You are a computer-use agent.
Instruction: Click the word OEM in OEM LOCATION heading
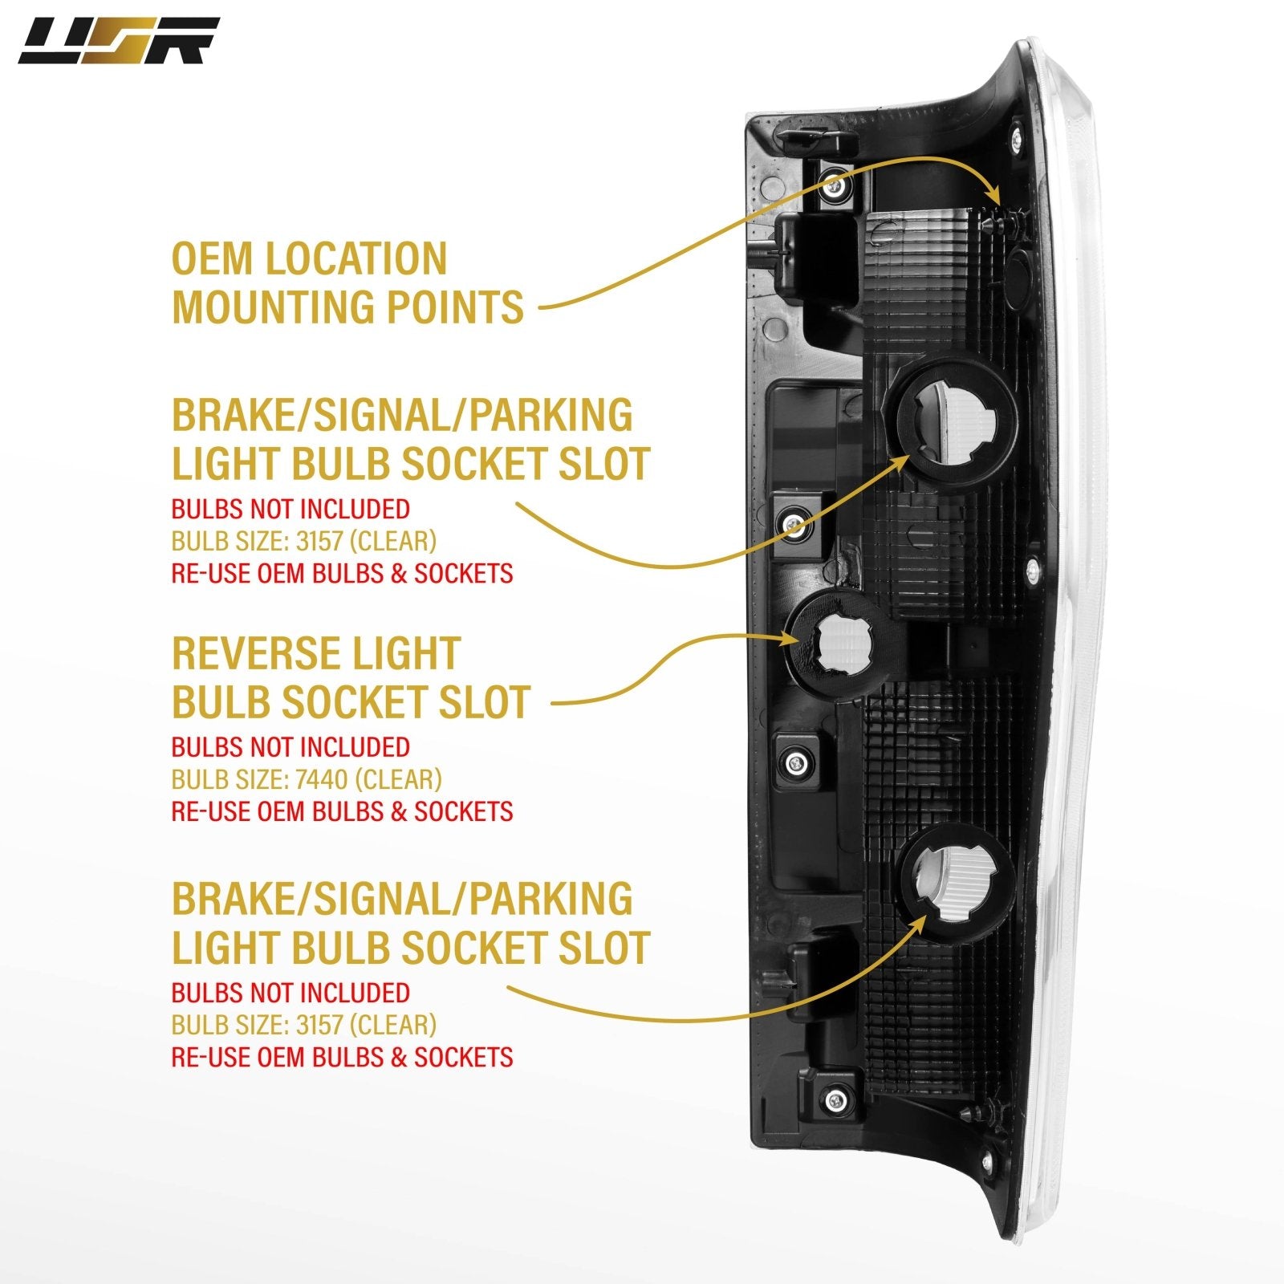tap(211, 259)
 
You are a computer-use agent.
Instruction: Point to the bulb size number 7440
tap(322, 779)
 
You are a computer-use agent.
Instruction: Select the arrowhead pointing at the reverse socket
tap(794, 639)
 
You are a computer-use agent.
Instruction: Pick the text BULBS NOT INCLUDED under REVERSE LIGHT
tap(291, 747)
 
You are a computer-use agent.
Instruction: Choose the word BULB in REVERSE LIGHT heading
tap(221, 702)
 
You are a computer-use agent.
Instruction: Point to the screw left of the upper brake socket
tap(794, 526)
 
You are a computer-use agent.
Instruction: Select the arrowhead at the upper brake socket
tap(908, 460)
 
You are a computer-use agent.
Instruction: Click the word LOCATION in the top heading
tap(355, 259)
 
